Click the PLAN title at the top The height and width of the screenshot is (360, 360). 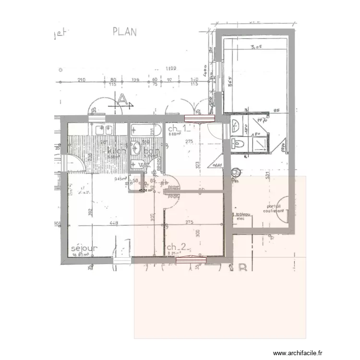coord(124,32)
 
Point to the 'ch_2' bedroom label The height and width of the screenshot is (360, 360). coord(176,247)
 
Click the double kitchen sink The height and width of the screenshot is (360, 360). coord(104,129)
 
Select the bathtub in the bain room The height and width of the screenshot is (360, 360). coord(146,130)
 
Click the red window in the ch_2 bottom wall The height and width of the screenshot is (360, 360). coord(191,260)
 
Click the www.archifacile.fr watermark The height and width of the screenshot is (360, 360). coord(328,352)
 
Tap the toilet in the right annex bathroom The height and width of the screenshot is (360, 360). coord(239,143)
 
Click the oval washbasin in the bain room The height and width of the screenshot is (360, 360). coord(136,147)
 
